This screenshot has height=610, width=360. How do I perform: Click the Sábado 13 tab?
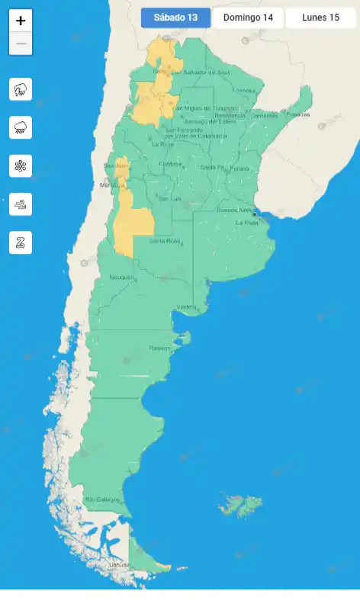(x=175, y=18)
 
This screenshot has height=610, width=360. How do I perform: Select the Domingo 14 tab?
(x=248, y=18)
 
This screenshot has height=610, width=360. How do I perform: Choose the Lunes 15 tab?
(x=320, y=18)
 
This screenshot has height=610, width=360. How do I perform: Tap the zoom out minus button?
(x=21, y=43)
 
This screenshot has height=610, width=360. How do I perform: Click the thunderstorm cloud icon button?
(x=21, y=89)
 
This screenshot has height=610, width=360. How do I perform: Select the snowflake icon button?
(x=21, y=165)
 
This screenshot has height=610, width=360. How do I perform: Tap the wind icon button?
(x=21, y=204)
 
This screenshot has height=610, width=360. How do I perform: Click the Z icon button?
(x=21, y=242)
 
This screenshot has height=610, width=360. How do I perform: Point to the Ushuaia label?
(x=120, y=564)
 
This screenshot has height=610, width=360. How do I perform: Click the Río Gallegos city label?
(x=102, y=499)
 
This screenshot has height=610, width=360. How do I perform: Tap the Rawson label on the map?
(x=160, y=348)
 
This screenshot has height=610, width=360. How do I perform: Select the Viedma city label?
(x=187, y=307)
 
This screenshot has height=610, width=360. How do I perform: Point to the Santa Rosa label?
(x=164, y=241)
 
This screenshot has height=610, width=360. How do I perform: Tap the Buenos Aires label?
(x=233, y=210)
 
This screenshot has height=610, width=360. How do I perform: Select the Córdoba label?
(x=170, y=164)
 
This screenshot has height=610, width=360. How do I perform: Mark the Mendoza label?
(x=111, y=185)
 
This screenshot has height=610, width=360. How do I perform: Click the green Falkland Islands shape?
(x=239, y=504)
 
